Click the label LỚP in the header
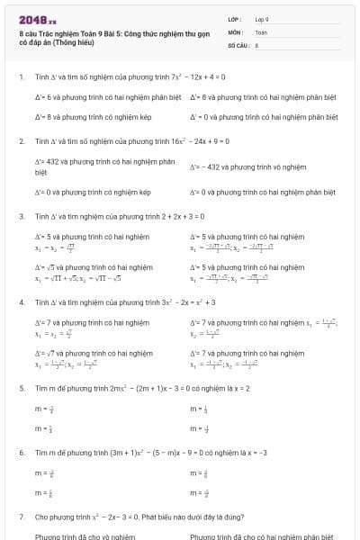tap(235, 19)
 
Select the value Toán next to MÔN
tap(261, 31)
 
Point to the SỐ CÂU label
tap(238, 43)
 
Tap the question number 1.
tap(21, 76)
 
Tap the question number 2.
tap(21, 142)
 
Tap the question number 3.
tap(21, 217)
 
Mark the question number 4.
tap(21, 302)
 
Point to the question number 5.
tap(21, 388)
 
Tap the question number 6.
tap(21, 453)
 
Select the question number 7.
tap(21, 517)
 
